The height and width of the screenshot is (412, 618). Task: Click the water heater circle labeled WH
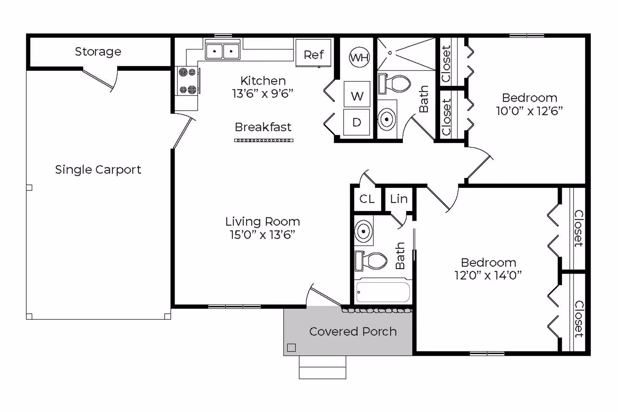[x=359, y=57]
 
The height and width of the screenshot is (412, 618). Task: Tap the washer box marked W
[x=357, y=94]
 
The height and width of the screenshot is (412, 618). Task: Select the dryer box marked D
[x=356, y=122]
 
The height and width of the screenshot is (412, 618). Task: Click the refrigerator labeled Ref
[x=313, y=53]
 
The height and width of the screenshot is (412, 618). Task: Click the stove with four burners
[x=187, y=81]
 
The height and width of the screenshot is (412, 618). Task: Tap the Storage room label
[x=98, y=52]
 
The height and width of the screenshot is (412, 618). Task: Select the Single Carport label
[x=98, y=170]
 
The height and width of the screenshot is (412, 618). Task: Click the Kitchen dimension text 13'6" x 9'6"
[x=263, y=94]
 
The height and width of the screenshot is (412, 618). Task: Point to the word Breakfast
[x=263, y=127]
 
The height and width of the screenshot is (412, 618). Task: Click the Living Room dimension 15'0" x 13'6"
[x=262, y=235]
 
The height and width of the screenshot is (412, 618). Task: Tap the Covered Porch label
[x=353, y=332]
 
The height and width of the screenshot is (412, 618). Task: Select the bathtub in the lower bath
[x=383, y=292]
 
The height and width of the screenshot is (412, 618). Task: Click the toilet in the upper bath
[x=395, y=84]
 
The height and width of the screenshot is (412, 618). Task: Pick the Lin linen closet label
[x=399, y=199]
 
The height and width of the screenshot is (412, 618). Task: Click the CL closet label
[x=367, y=199]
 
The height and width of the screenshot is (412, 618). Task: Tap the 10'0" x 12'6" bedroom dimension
[x=529, y=111]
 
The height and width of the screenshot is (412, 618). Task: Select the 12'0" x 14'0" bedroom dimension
[x=488, y=276]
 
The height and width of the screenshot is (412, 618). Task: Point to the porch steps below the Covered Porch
[x=323, y=367]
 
